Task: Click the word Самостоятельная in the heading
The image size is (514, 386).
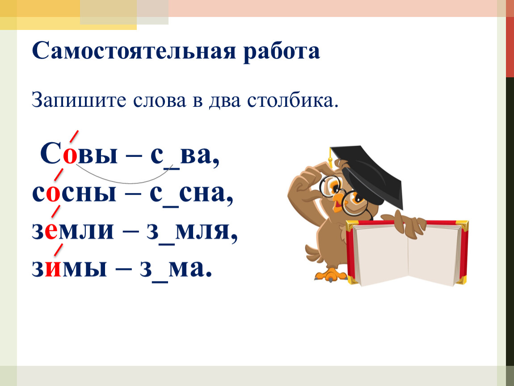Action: click(134, 51)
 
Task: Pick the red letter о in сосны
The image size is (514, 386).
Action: click(53, 194)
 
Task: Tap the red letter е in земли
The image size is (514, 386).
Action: click(51, 231)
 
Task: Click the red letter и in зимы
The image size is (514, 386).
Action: click(53, 269)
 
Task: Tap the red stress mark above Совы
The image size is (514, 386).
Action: click(74, 136)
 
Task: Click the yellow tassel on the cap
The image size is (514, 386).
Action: click(331, 161)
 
